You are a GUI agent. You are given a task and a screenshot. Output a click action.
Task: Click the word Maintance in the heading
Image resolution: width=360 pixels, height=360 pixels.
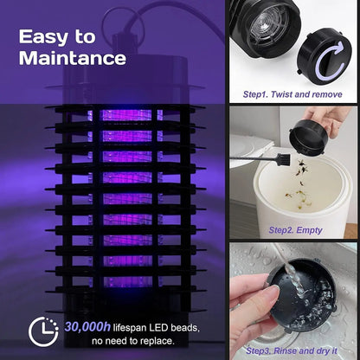[x=73, y=58]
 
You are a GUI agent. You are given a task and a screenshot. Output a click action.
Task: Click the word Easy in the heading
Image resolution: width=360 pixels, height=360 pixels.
[x=41, y=37]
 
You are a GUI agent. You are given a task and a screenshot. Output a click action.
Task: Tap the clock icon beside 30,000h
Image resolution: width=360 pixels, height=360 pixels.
[x=43, y=331]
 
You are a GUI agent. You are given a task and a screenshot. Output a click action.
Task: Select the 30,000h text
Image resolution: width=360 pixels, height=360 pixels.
[x=87, y=327]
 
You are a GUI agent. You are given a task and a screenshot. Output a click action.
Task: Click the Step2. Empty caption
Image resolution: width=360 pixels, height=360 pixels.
[x=295, y=230]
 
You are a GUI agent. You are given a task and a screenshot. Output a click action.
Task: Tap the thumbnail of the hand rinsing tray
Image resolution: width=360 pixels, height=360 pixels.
[x=293, y=300]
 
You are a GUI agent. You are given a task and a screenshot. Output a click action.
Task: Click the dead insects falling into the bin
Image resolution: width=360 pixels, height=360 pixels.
[x=300, y=184]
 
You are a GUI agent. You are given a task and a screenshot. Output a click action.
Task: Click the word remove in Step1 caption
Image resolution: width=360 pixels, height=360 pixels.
[x=327, y=94]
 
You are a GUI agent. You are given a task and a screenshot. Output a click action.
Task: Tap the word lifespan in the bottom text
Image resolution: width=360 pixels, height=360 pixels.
[x=130, y=328]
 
